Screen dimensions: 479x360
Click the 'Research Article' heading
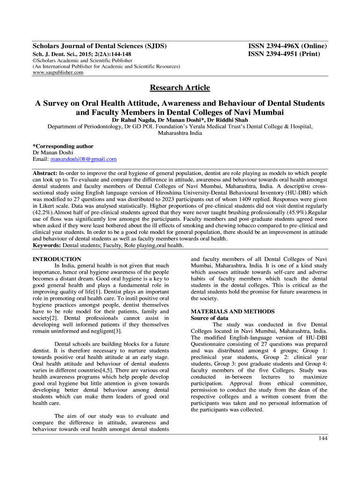tap(180, 87)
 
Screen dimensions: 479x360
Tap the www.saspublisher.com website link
tap(58, 73)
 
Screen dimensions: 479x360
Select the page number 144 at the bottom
tap(323, 438)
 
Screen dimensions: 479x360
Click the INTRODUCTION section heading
tap(57, 259)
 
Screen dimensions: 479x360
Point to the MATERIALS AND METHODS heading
tap(233, 312)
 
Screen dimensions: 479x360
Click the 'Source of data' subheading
tap(209, 318)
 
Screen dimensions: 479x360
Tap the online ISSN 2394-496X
tap(287, 46)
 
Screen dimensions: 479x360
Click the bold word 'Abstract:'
tap(45, 173)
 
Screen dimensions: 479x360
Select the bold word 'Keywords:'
tap(47, 245)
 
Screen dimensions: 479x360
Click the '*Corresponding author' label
tap(63, 146)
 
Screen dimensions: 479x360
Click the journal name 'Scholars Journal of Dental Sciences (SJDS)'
tap(100, 46)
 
